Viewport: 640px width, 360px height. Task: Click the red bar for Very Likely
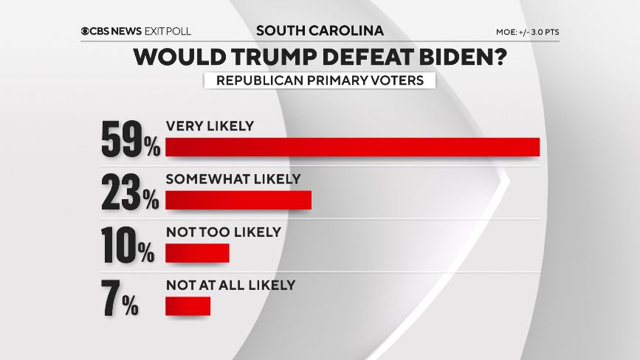353,147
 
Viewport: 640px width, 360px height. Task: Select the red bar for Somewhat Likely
238,200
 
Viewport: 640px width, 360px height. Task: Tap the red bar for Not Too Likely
197,253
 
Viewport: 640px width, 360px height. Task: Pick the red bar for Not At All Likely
187,305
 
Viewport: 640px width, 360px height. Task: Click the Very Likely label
210,126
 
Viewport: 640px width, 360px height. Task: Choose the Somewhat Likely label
233,179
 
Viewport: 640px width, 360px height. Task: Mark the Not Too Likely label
223,232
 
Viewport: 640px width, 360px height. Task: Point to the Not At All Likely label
230,285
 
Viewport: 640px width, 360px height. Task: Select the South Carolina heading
320,31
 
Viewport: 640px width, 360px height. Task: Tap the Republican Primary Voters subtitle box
320,80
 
